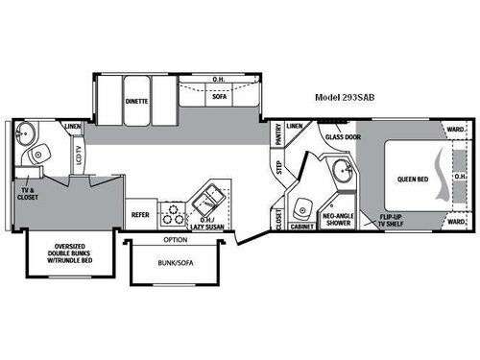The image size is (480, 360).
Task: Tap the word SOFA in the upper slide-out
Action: pos(218,96)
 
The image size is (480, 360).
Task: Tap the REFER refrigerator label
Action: pos(139,215)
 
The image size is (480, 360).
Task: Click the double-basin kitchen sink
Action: pos(206,199)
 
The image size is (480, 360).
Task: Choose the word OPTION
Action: pos(175,239)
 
